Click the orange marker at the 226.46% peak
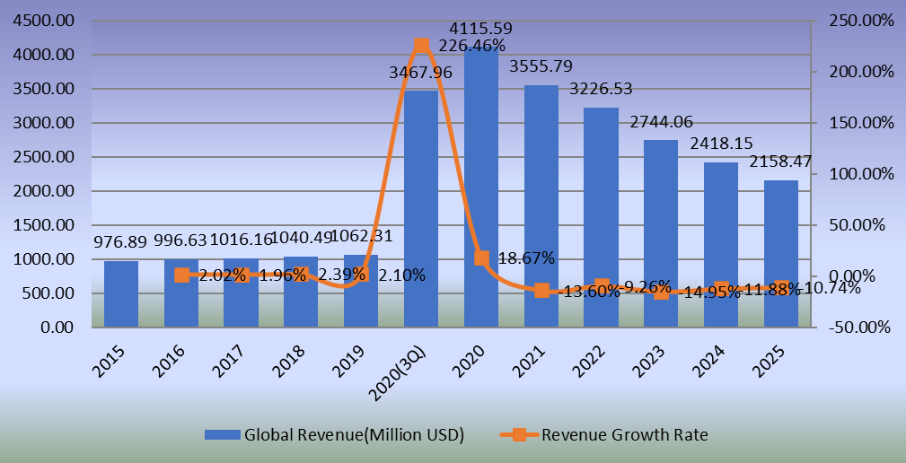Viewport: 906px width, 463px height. coord(421,46)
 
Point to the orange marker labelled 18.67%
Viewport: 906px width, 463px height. coord(481,258)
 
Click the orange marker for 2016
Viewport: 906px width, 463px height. coord(181,275)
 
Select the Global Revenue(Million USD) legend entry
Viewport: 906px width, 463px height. coord(334,435)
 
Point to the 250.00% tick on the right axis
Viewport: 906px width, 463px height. coord(857,22)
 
